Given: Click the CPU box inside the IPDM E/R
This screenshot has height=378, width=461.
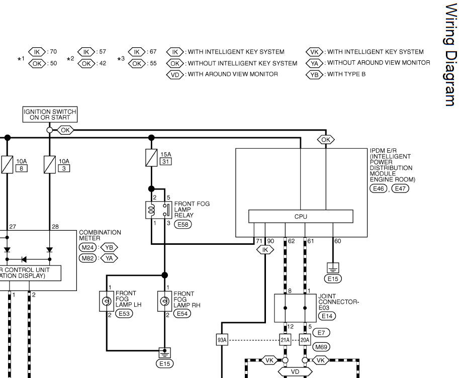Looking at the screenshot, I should point(301,217).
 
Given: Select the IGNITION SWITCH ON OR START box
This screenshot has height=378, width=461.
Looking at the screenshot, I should point(50,115).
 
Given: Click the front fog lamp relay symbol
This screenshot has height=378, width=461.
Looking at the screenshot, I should point(156,210).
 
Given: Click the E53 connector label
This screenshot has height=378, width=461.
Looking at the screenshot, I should point(124,314).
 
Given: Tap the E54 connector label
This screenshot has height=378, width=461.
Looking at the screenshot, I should point(182,314).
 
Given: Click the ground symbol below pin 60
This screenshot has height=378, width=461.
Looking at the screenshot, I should point(332,267).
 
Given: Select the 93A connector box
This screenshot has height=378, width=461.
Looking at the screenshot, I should point(222,340).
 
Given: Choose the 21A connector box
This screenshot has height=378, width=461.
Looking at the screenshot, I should point(285,340).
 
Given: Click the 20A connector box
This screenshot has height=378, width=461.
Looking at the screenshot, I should point(305,340).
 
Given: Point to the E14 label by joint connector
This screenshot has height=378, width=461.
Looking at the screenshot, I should point(327,316).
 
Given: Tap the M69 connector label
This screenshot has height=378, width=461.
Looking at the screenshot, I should point(320,347).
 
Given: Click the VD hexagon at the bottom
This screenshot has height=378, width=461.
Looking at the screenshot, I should point(295,372).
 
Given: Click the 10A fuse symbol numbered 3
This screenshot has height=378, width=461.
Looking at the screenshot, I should point(50,164).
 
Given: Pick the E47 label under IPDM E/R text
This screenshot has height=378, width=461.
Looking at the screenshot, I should point(400,188).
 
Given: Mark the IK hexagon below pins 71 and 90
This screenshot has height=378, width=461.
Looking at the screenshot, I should point(265,249).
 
